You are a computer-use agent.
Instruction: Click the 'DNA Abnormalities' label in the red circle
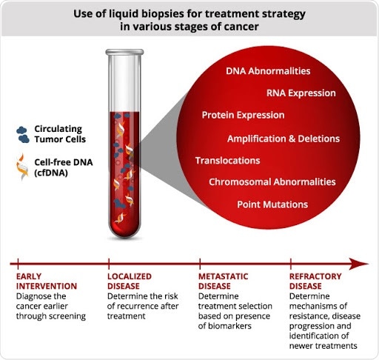click(267, 71)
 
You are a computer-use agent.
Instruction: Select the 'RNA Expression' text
click(301, 93)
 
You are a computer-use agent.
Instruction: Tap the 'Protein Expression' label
click(243, 116)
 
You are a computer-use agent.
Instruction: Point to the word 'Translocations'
click(227, 160)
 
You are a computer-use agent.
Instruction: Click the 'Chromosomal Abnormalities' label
click(272, 182)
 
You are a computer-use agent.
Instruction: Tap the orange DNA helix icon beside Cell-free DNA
click(24, 165)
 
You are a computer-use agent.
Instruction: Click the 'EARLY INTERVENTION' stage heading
click(46, 281)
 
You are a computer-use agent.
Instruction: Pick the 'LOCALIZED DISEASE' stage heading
click(131, 281)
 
